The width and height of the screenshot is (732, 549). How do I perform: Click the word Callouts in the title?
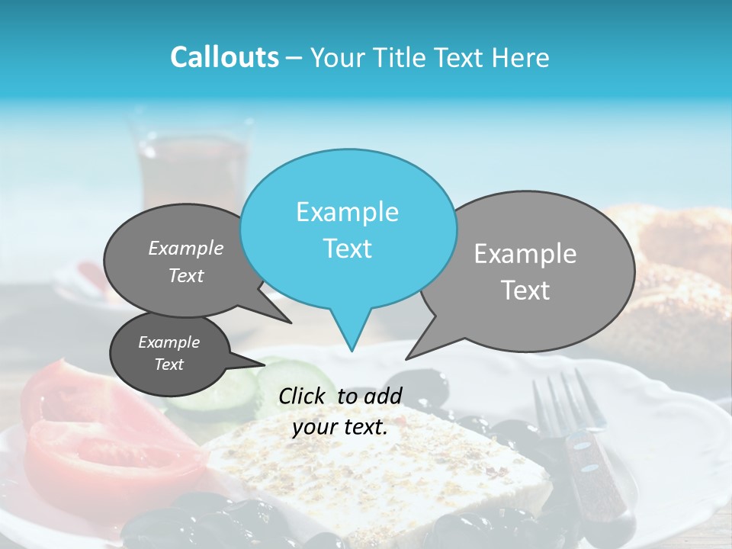coord(224,57)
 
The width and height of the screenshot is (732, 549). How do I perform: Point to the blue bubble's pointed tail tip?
coord(352,350)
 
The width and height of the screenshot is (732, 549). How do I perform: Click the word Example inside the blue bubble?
coord(347,212)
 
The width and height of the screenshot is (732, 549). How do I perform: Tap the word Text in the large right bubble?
coord(525,291)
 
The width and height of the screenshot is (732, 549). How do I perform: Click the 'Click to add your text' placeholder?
coord(340,412)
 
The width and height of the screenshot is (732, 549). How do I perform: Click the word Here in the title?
coord(522,57)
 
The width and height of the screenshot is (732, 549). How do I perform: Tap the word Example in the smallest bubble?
coord(169,342)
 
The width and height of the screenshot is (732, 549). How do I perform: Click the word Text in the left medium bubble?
coord(186,275)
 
